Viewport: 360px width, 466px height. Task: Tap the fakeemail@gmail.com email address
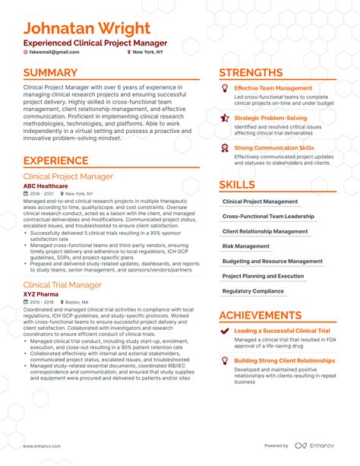52,52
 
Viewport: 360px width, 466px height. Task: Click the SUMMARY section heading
55,73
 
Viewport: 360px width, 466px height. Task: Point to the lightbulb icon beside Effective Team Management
224,88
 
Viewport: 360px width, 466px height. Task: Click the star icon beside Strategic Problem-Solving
224,118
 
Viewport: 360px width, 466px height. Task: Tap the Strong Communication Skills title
273,147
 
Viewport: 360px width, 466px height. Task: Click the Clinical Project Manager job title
68,176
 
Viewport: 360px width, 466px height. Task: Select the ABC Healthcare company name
46,185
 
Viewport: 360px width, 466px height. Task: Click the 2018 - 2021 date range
43,194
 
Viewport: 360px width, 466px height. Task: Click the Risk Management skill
245,246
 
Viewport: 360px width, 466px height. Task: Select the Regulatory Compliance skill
253,290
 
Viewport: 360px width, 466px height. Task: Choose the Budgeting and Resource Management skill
272,261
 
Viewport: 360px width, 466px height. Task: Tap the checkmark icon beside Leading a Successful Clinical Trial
224,331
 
